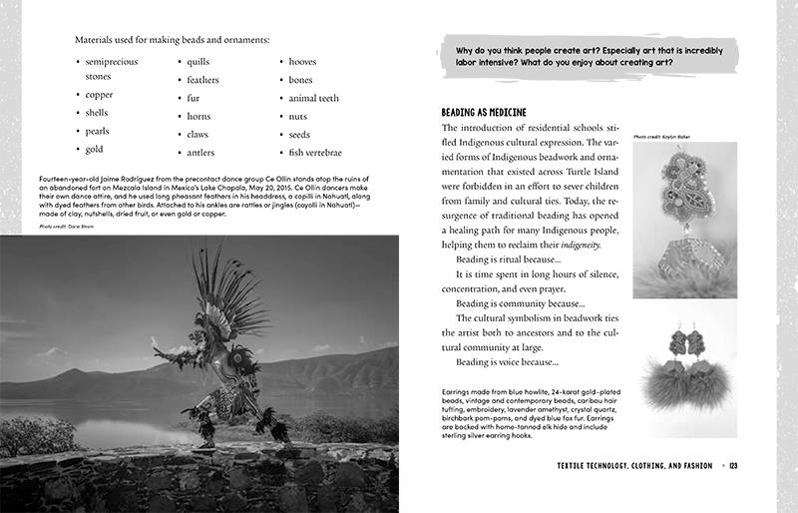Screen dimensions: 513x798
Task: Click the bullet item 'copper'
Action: point(100,95)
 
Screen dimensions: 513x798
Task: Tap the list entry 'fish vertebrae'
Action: point(315,153)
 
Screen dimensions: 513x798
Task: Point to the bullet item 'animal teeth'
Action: point(314,99)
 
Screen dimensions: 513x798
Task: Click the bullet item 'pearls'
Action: point(97,131)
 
